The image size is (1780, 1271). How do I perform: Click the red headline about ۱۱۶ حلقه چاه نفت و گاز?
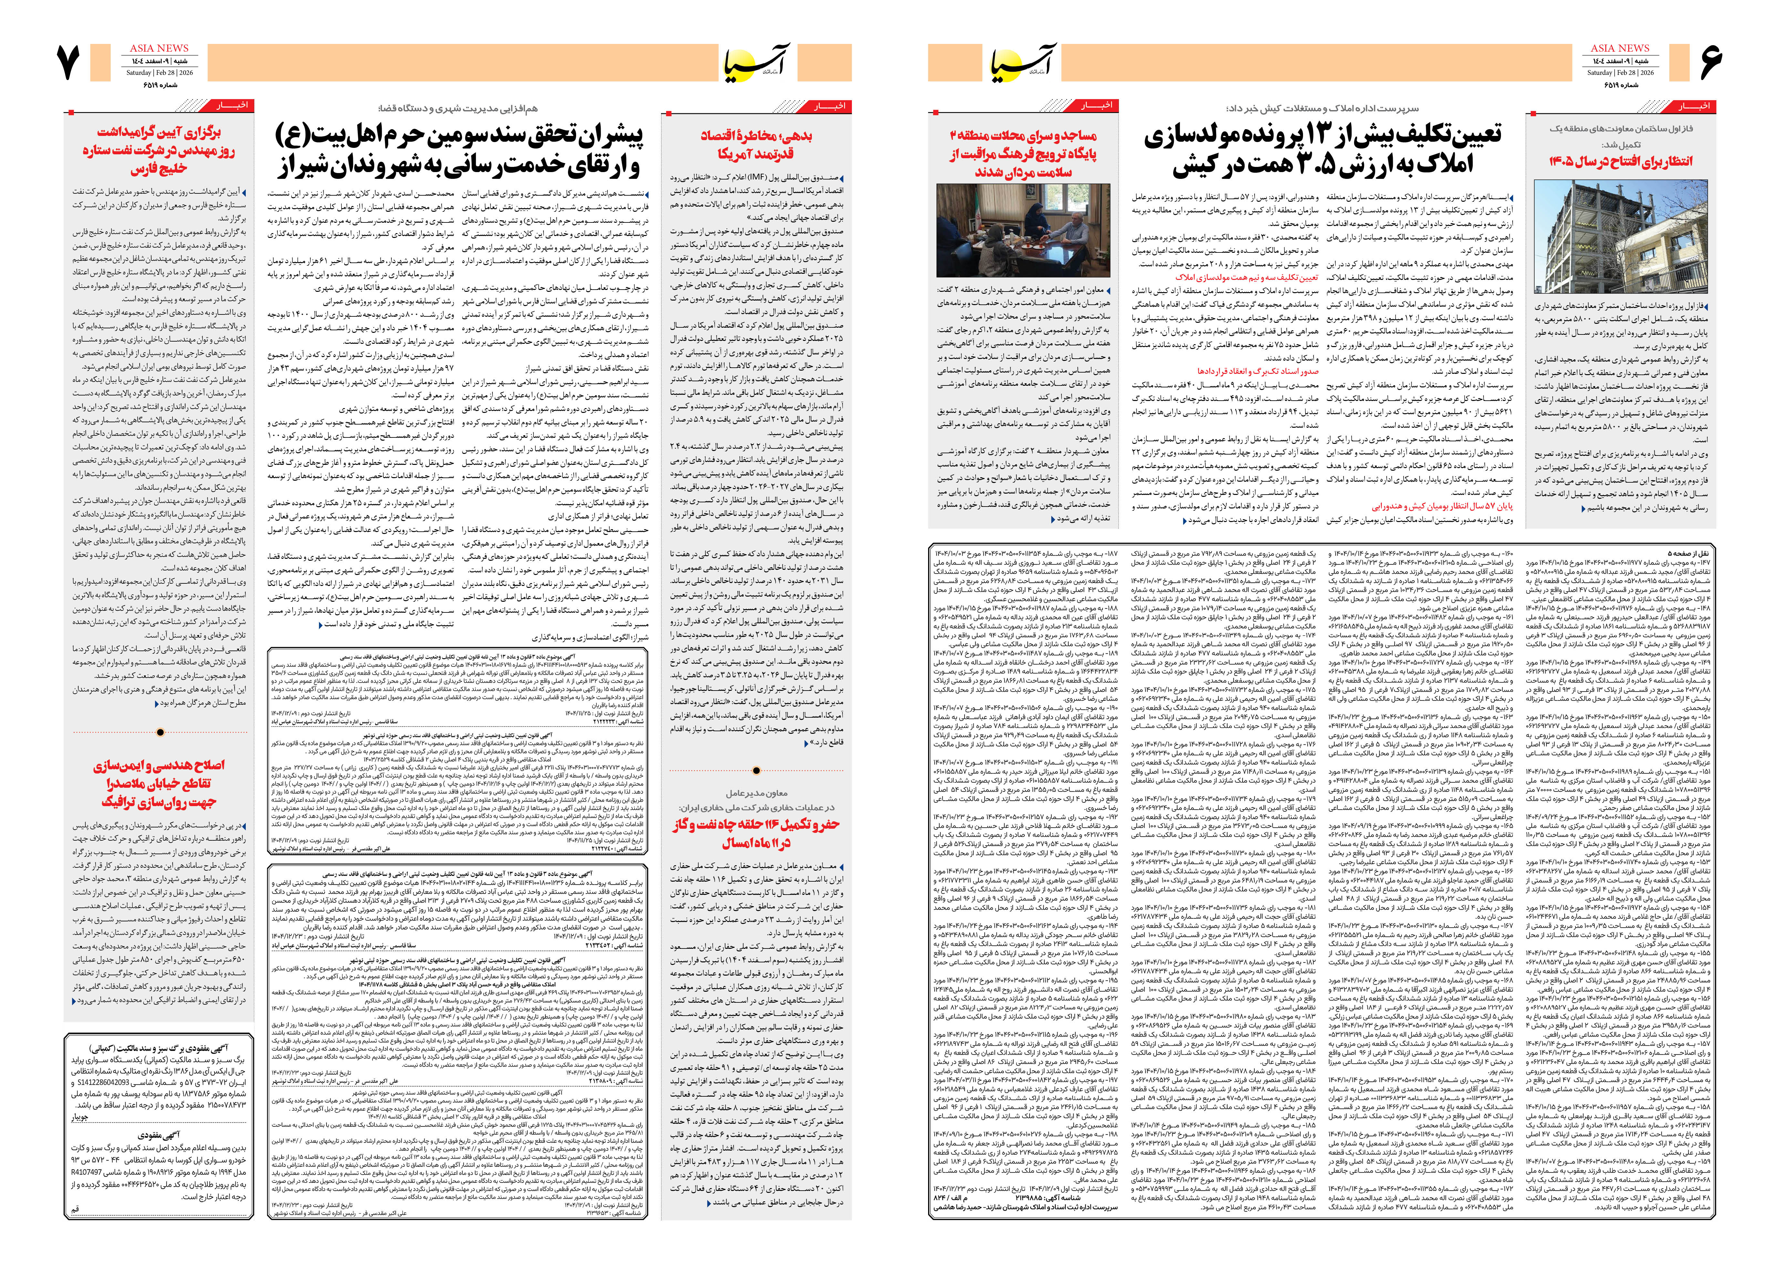tap(755, 834)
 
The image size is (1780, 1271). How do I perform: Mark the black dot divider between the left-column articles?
tap(160, 733)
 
